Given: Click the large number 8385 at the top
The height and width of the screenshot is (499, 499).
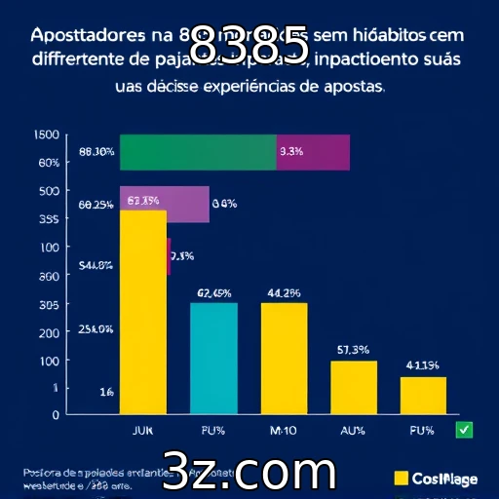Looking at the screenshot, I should click(x=248, y=44).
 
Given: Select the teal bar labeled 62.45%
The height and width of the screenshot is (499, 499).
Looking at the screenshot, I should click(x=213, y=358).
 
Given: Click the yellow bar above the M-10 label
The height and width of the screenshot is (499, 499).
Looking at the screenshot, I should click(x=284, y=358).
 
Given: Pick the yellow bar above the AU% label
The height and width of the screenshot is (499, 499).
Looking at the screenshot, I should click(x=353, y=387).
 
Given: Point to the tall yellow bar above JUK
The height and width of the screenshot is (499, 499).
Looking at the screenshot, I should click(x=142, y=312).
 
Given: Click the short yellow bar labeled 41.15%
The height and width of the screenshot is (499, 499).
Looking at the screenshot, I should click(x=423, y=395).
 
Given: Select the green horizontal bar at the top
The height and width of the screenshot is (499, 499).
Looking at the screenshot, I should click(x=198, y=152).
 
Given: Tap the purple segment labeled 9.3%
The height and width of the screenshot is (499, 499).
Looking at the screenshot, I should click(x=313, y=152).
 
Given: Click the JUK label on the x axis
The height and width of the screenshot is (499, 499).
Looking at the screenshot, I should click(x=142, y=429).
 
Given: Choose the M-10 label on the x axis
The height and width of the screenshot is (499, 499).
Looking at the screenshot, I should click(x=284, y=429).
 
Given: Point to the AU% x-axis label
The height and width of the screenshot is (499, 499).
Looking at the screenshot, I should click(x=353, y=429).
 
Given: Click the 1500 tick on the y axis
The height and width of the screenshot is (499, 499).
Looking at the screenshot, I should click(x=47, y=135).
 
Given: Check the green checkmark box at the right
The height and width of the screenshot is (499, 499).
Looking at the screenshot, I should click(x=464, y=429).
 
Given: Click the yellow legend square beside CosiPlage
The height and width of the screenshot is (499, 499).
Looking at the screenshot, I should click(x=400, y=478).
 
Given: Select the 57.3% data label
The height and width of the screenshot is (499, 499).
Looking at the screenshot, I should click(x=352, y=349).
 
